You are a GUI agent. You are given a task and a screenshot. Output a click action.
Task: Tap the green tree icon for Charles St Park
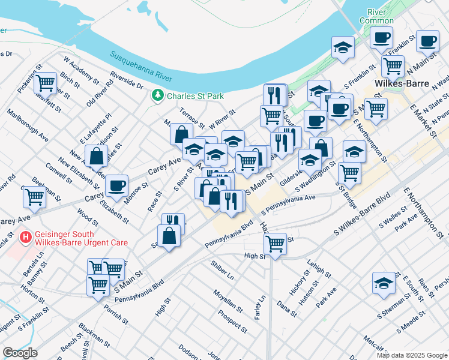158,95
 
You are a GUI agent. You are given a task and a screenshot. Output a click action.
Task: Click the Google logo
20,352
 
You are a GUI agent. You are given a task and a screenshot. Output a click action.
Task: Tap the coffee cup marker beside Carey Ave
116,185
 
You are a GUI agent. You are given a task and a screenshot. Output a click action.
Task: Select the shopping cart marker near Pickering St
45,83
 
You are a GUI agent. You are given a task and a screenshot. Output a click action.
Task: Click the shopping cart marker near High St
275,244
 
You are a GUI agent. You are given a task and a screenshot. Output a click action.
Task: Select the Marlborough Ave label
28,125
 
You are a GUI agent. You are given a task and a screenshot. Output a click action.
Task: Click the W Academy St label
81,70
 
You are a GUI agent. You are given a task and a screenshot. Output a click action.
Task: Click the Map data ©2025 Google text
411,355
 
